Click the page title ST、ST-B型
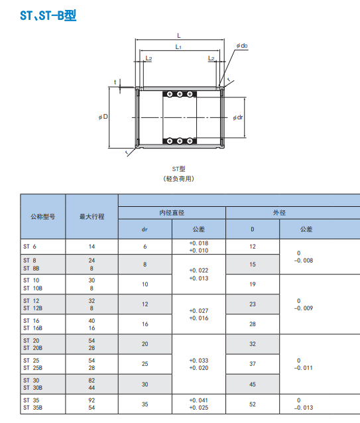point(48,15)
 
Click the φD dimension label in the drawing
point(103,117)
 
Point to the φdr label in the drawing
point(238,117)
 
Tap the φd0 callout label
point(242,46)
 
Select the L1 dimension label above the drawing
point(178,47)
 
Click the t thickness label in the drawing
point(115,82)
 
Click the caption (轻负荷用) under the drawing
point(178,178)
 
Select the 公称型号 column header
point(43,216)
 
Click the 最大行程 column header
point(91,216)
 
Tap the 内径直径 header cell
point(172,213)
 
